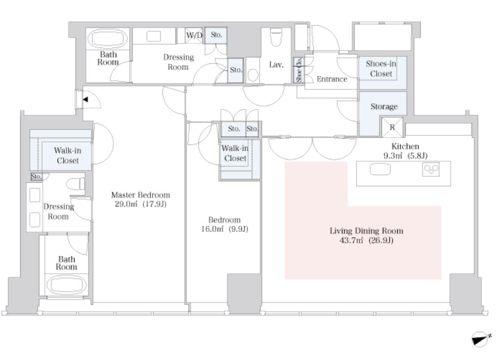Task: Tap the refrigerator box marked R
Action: (392, 127)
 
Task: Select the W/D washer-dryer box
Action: (194, 35)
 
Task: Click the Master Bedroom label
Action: (140, 195)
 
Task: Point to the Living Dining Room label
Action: (366, 231)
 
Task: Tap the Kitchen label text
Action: (405, 146)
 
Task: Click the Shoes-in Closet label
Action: (381, 69)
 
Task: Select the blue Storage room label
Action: (384, 106)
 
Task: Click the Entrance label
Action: (332, 79)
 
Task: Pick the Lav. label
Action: (276, 65)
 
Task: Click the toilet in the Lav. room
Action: (276, 37)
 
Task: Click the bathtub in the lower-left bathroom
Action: (66, 285)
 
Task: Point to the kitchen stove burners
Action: (431, 169)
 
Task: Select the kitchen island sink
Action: (380, 169)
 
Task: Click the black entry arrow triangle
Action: (85, 100)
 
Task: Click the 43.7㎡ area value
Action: (351, 240)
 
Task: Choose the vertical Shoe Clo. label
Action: (299, 70)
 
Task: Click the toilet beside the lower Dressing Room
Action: (76, 184)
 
